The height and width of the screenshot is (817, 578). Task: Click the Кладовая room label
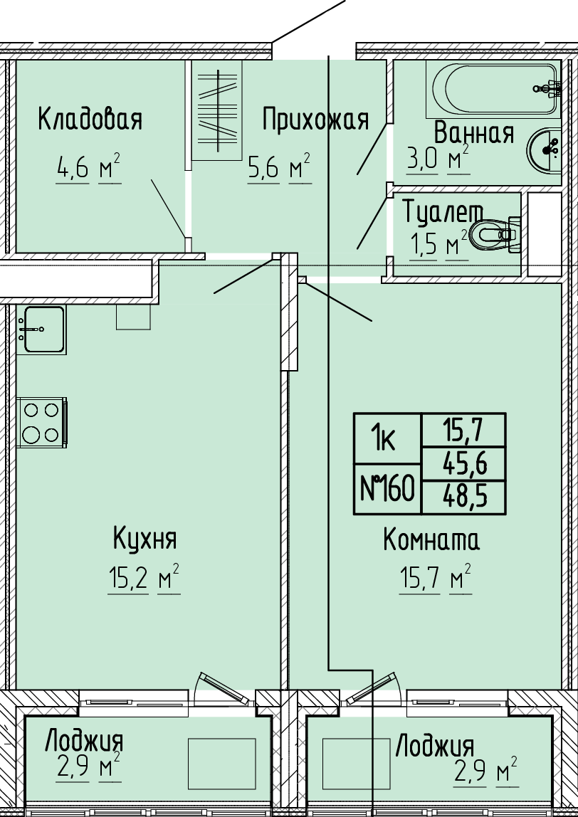click(90, 120)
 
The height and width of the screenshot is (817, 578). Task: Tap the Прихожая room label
click(315, 120)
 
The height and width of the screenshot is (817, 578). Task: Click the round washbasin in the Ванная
click(544, 149)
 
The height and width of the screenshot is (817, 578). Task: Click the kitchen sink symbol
click(41, 330)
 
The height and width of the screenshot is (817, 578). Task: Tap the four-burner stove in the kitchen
click(42, 422)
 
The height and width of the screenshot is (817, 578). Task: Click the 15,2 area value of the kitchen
click(128, 579)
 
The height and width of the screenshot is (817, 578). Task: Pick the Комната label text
click(431, 540)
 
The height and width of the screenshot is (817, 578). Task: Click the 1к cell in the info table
click(387, 438)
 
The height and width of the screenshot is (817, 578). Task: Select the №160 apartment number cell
click(387, 489)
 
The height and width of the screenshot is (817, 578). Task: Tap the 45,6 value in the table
click(464, 464)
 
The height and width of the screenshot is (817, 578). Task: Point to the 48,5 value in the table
click(464, 497)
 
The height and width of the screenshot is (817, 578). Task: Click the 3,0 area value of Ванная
click(422, 159)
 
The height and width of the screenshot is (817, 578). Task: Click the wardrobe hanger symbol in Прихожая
click(217, 110)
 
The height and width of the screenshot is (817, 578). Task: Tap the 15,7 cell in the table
click(464, 431)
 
